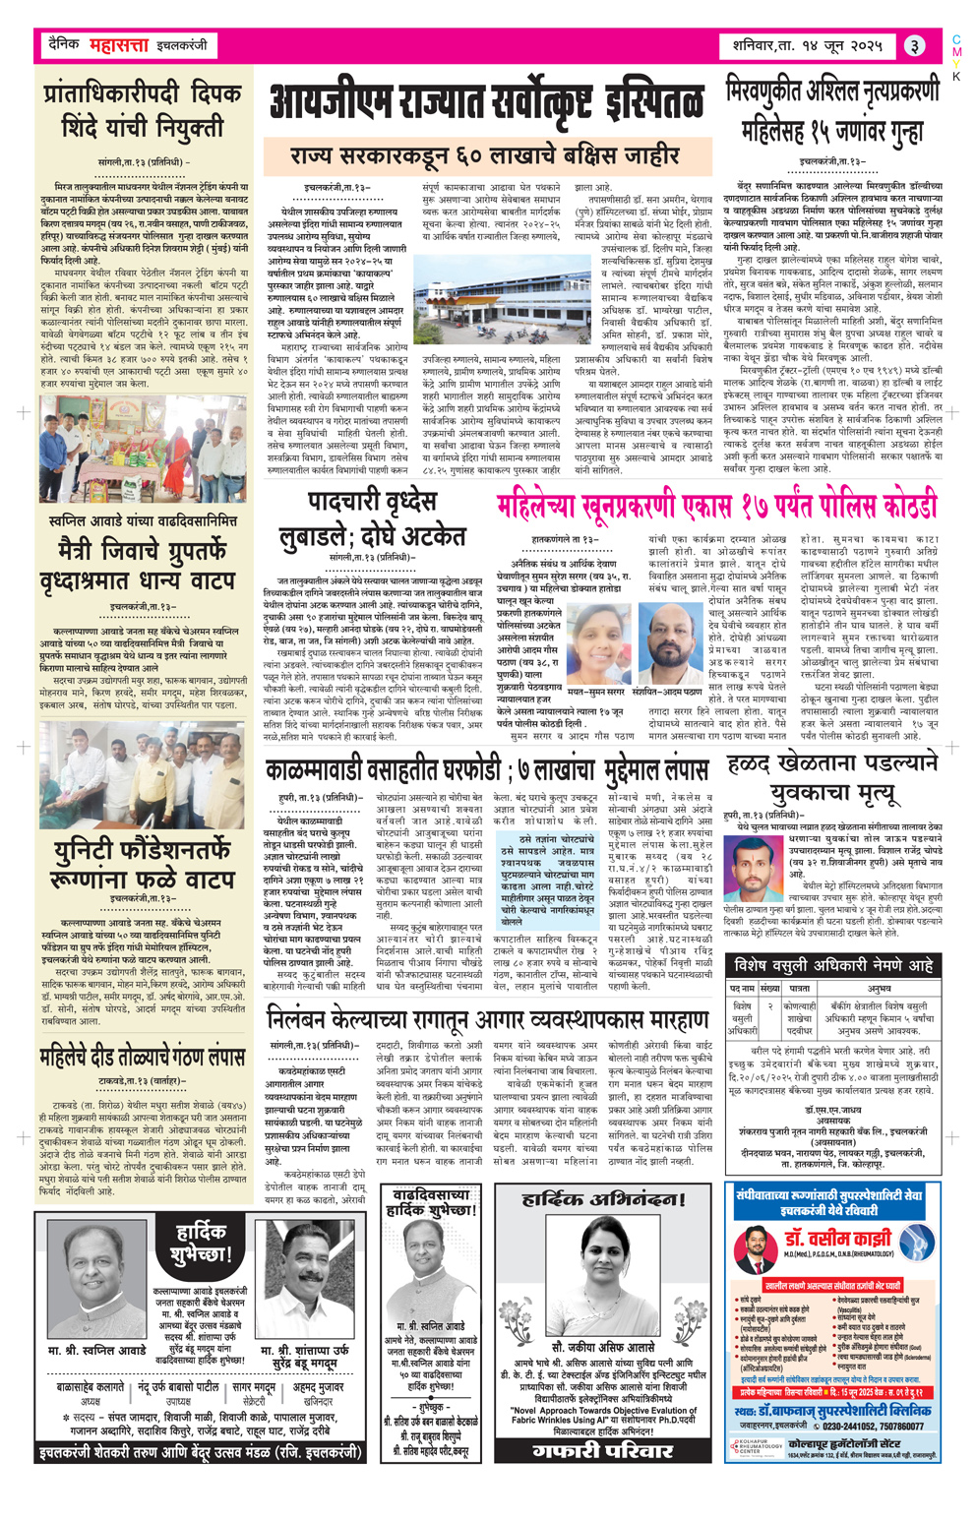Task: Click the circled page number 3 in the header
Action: tap(914, 46)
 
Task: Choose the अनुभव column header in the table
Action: tap(880, 987)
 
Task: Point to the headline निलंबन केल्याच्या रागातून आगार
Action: tap(487, 1018)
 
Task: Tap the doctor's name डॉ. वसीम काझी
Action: tap(836, 1240)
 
